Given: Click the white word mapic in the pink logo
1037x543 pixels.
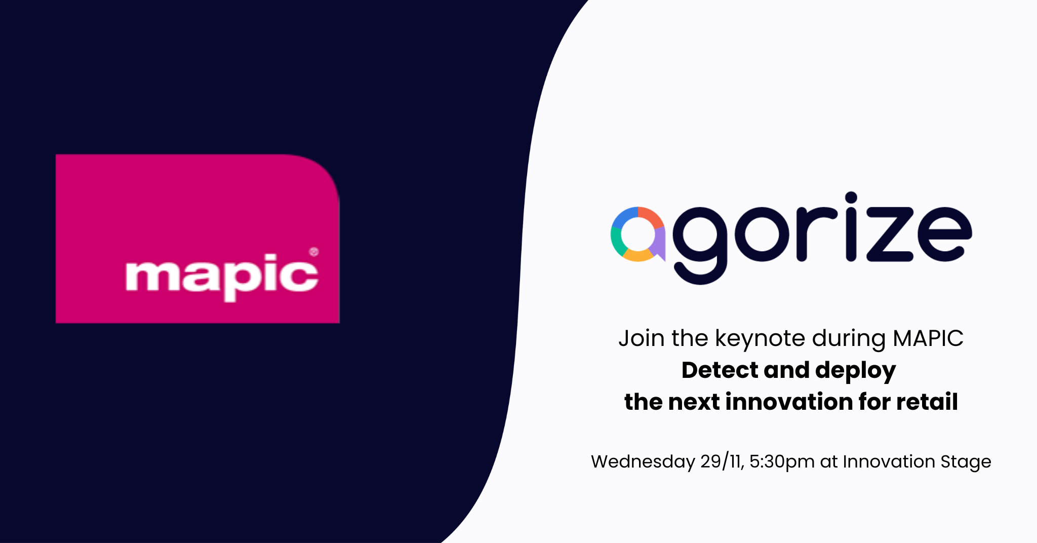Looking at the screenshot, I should [x=221, y=276].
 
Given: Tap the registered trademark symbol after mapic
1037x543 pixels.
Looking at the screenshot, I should [x=314, y=252].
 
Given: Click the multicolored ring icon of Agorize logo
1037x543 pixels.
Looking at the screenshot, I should [x=637, y=234].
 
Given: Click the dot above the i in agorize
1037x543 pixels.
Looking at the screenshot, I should [x=851, y=198].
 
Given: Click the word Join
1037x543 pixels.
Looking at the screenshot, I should [x=641, y=338].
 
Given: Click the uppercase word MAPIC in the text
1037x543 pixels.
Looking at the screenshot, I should [x=928, y=338].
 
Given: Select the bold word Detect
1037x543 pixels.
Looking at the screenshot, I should [x=720, y=370].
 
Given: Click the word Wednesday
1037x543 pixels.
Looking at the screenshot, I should [x=643, y=462].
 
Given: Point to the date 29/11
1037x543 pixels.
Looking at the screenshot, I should [x=722, y=461].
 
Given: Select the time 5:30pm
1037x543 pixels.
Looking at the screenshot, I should [x=781, y=461].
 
